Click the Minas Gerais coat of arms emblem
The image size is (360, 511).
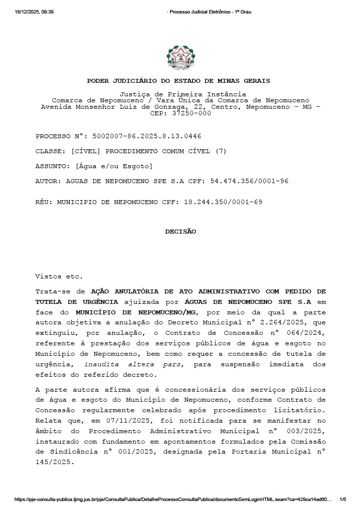pyautogui.click(x=180, y=58)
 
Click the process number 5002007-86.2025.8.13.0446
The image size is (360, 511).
pyautogui.click(x=147, y=136)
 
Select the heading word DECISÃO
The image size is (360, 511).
pyautogui.click(x=180, y=232)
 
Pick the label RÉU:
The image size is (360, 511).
pyautogui.click(x=44, y=202)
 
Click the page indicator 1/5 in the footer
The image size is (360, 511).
pyautogui.click(x=343, y=499)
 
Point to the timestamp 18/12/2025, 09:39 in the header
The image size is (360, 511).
pyautogui.click(x=34, y=11)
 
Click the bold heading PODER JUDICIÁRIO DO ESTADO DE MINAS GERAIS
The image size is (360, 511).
pyautogui.click(x=179, y=81)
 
